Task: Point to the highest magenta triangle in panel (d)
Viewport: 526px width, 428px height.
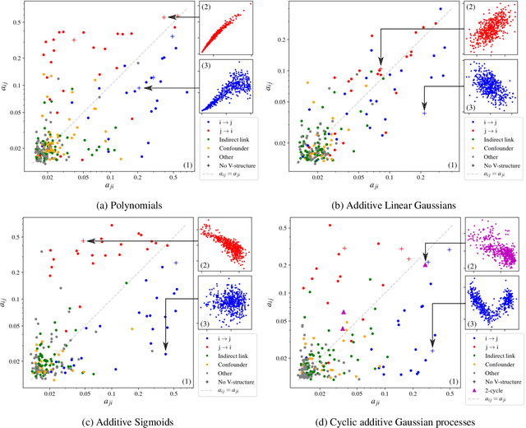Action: (x=426, y=264)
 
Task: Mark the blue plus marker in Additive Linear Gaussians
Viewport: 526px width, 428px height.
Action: (x=424, y=112)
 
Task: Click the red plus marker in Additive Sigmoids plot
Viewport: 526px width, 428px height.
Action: (x=83, y=240)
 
